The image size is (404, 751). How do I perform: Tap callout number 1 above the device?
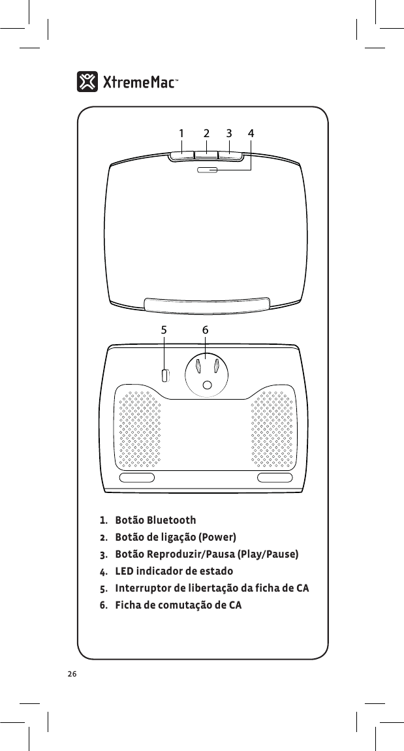click(181, 133)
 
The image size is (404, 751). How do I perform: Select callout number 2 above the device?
click(206, 133)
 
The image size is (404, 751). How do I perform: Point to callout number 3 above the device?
click(229, 133)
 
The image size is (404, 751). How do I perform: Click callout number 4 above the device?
click(251, 133)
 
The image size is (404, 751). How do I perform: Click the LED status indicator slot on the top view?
click(207, 170)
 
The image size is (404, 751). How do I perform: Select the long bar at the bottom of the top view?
click(207, 304)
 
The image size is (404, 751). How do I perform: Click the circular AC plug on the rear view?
click(207, 375)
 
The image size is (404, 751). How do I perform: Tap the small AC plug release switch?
click(165, 375)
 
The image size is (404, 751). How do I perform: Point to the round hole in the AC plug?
click(207, 386)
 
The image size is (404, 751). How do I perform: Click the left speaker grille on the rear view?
click(138, 428)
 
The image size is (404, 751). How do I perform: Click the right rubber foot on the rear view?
click(275, 477)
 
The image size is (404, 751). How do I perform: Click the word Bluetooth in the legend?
click(171, 520)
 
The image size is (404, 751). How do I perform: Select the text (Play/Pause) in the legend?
click(268, 554)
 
